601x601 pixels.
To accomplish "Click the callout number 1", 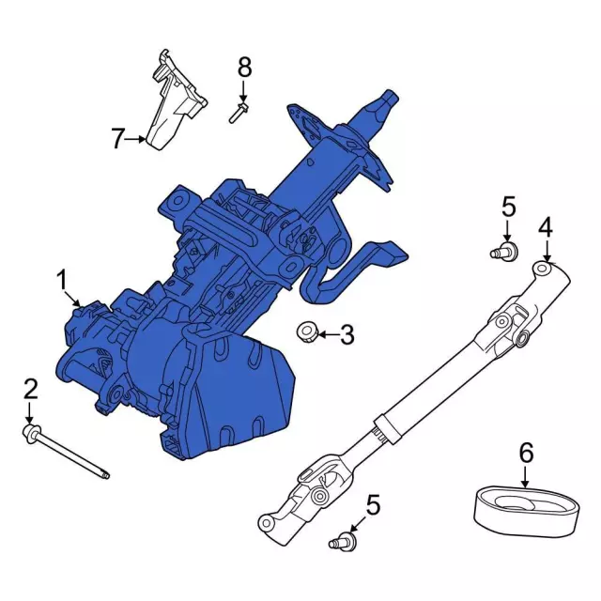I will (x=62, y=279).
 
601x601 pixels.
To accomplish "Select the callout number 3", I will (x=347, y=333).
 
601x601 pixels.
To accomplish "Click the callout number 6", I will (x=526, y=454).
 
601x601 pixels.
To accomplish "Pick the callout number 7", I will (x=116, y=140).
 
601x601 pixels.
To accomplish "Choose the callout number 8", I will (x=244, y=67).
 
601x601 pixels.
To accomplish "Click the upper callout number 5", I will (x=507, y=206).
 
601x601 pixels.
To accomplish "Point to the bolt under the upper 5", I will (x=505, y=250).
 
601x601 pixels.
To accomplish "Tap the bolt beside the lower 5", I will (x=342, y=540).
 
